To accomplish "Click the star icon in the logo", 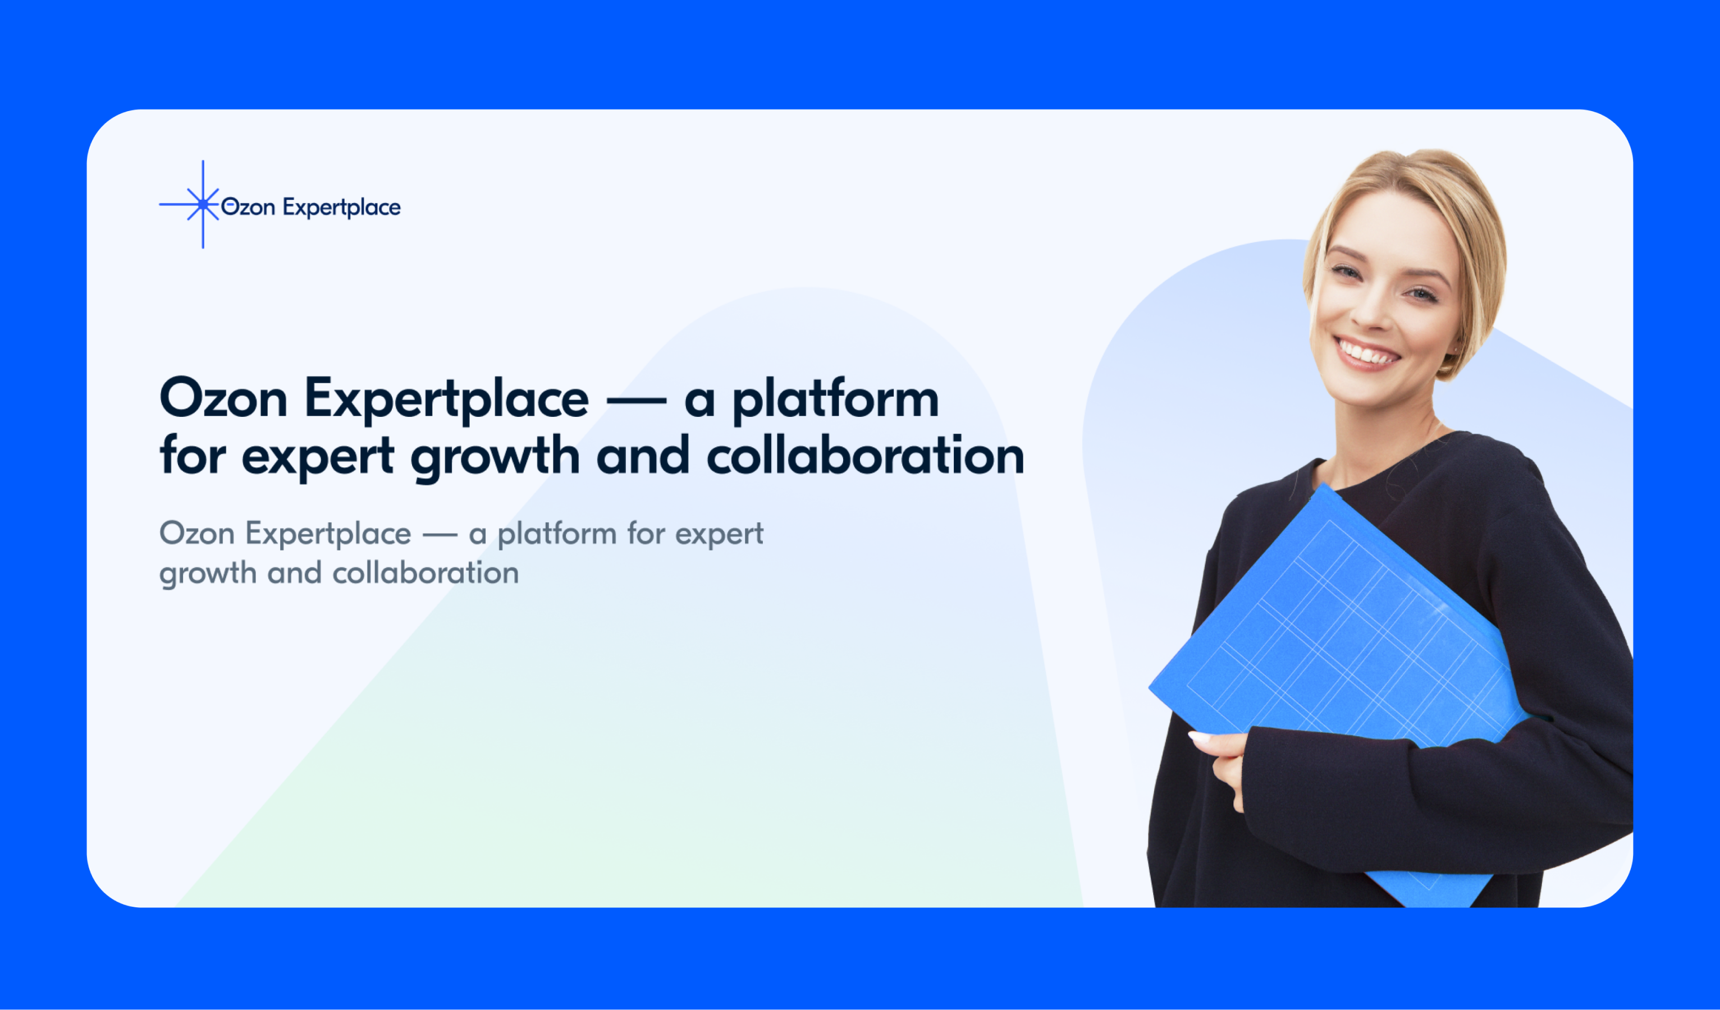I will pyautogui.click(x=203, y=204).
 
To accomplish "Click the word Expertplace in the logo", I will pyautogui.click(x=341, y=208).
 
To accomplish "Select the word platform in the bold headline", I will pyautogui.click(x=835, y=400).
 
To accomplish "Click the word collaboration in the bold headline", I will pyautogui.click(x=865, y=457).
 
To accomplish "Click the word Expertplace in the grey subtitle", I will pyautogui.click(x=328, y=534).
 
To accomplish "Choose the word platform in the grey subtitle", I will pyautogui.click(x=556, y=534).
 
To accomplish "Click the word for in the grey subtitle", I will pyautogui.click(x=646, y=534).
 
